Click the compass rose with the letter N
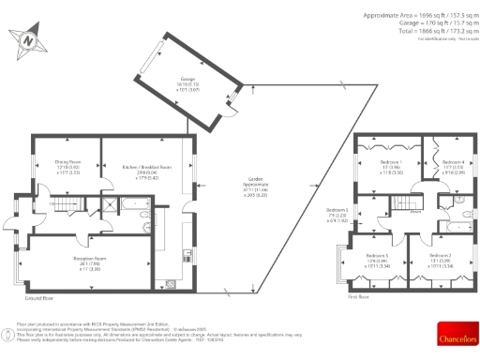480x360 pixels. click(30, 40)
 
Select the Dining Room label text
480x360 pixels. click(67, 169)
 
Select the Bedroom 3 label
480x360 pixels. click(376, 260)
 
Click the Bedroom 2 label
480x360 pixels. click(441, 260)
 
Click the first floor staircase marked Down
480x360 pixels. click(402, 203)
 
